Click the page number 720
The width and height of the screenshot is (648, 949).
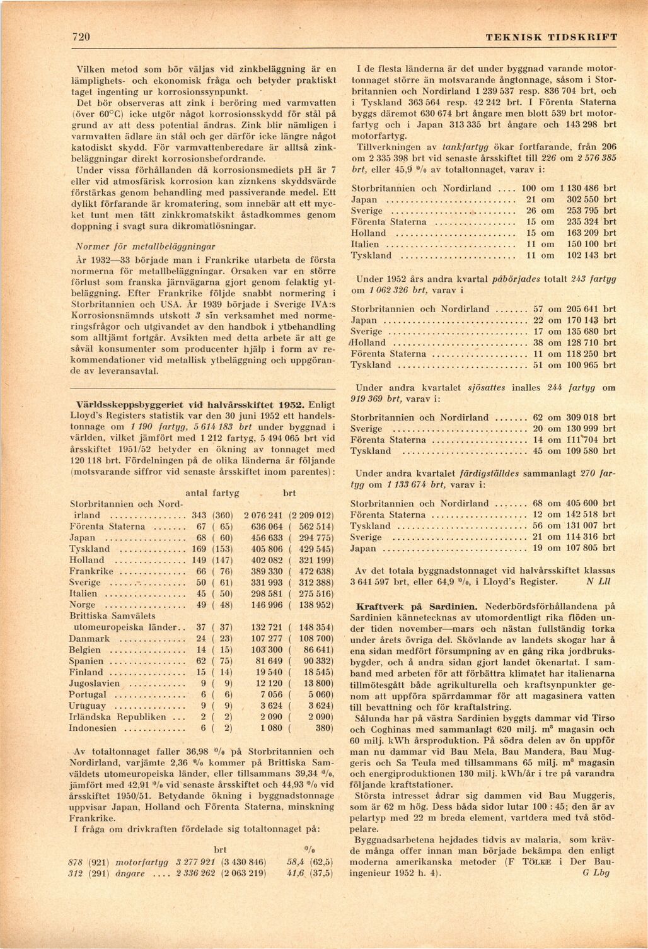click(x=81, y=37)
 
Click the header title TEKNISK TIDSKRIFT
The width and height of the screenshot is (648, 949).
click(x=552, y=37)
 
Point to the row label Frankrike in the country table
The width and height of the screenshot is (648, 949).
click(x=91, y=571)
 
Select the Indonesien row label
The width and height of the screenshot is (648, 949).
click(x=93, y=728)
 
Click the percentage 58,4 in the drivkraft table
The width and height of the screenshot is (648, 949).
click(x=296, y=862)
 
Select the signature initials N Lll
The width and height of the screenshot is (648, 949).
click(x=596, y=581)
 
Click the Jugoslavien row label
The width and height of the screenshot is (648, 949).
click(x=95, y=684)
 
